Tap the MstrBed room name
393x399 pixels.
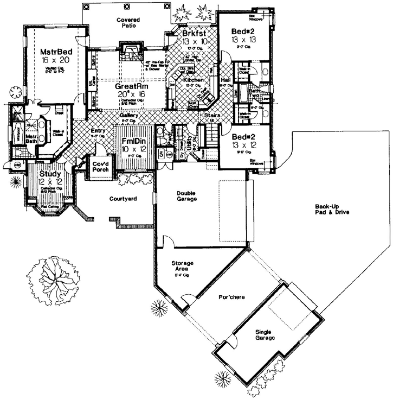(x=53, y=52)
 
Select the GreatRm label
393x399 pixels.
(x=128, y=86)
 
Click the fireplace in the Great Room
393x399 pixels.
(x=130, y=53)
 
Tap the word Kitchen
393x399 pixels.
(x=194, y=80)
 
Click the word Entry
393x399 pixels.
(x=99, y=130)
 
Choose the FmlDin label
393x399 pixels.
(x=132, y=141)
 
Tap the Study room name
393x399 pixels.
(x=50, y=173)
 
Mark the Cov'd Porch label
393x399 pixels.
(x=100, y=166)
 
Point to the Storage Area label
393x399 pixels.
(x=183, y=267)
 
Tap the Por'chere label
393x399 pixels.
(x=229, y=297)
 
